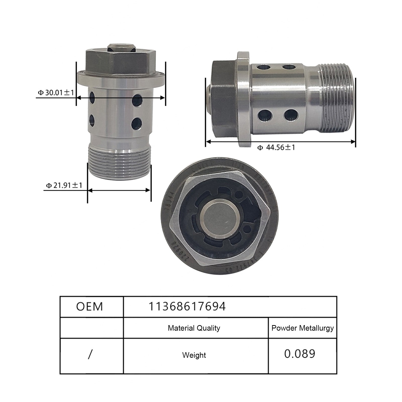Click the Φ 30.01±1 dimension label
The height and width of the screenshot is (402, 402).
pos(56,92)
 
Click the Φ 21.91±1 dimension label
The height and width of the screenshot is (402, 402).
pos(64,185)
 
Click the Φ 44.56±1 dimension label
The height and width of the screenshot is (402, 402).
pos(280,147)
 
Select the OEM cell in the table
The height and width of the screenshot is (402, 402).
pos(90,307)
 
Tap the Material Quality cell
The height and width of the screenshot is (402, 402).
pos(194,328)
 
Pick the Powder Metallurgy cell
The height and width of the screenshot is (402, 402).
pos(303,328)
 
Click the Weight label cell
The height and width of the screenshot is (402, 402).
pos(194,355)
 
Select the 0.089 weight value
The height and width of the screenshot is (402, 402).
pos(299,354)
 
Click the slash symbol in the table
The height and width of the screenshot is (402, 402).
pos(90,355)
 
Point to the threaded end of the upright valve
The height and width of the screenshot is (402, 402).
pos(119,163)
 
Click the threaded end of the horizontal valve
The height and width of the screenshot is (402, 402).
pos(337,98)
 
